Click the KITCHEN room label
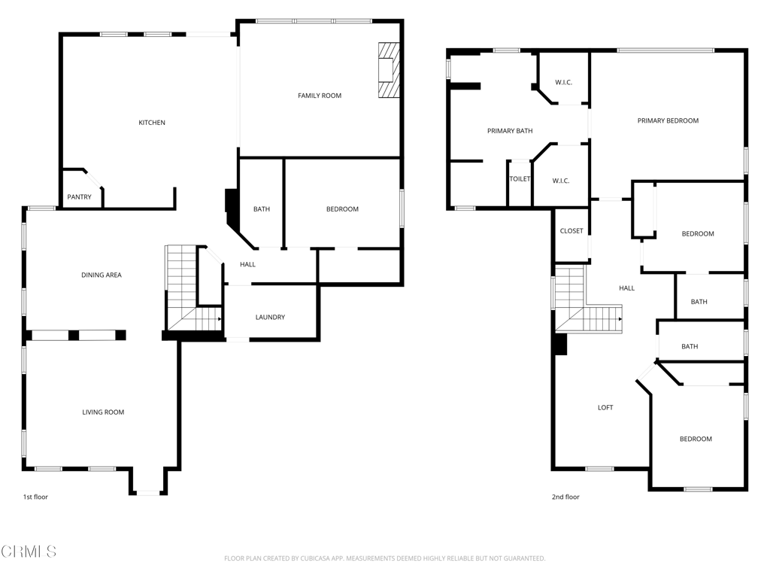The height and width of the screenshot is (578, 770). [x=152, y=123]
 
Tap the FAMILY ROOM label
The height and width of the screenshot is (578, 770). [x=320, y=96]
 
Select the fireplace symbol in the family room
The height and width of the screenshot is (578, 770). [x=389, y=70]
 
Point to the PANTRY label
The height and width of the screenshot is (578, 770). [x=79, y=196]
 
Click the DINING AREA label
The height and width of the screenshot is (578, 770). [x=102, y=275]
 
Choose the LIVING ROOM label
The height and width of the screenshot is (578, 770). [x=103, y=412]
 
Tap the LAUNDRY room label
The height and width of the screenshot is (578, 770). [x=270, y=317]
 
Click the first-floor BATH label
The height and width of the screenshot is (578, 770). [x=262, y=209]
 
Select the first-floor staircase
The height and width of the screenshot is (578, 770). [x=193, y=288]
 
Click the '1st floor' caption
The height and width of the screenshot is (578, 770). [x=35, y=497]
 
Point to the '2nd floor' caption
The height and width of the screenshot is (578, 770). [x=565, y=497]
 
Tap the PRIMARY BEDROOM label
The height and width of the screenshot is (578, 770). [x=668, y=120]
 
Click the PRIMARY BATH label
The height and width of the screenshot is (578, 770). [x=510, y=131]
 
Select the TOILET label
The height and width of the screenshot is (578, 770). [x=520, y=179]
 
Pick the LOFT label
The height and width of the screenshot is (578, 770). [x=605, y=407]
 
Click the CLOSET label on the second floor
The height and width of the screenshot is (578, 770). [x=571, y=230]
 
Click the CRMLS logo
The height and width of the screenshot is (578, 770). [x=29, y=552]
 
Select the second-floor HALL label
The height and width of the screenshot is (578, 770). [x=626, y=288]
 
